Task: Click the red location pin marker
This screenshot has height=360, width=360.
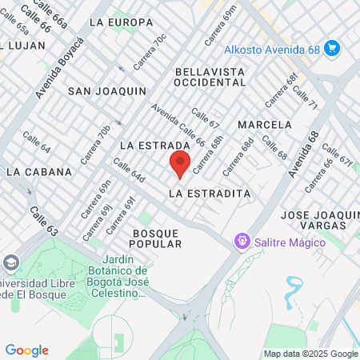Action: (x=180, y=165)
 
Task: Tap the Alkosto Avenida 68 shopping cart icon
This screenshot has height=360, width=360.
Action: (x=333, y=50)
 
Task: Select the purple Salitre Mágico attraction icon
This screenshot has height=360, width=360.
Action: (x=240, y=240)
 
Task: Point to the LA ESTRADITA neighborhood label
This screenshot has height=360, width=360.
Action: (x=210, y=194)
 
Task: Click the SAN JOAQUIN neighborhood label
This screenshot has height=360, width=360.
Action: (x=106, y=91)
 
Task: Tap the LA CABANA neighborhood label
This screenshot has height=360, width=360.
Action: (x=38, y=171)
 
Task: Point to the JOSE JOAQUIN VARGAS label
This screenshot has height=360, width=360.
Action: (x=319, y=221)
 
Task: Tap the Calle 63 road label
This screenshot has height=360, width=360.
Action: (x=45, y=220)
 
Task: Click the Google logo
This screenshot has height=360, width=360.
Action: (x=26, y=350)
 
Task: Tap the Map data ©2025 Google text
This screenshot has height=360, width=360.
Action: (x=311, y=354)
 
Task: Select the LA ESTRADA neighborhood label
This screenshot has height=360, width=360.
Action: (x=154, y=146)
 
